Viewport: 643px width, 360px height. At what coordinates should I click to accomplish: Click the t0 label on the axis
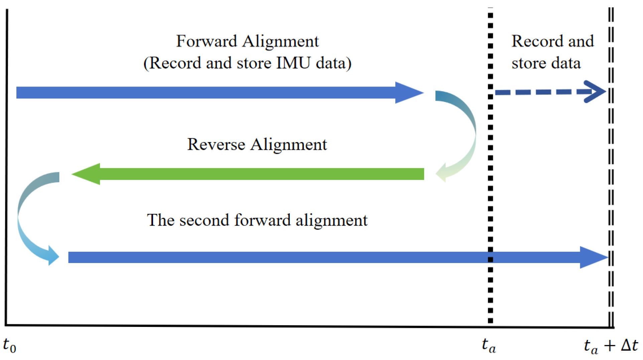pyautogui.click(x=9, y=345)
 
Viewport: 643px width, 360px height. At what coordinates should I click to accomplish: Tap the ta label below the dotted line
pyautogui.click(x=489, y=345)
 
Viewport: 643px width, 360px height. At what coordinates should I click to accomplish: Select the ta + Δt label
pyautogui.click(x=611, y=346)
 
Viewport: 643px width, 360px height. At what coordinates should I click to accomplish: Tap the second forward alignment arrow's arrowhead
pyautogui.click(x=593, y=257)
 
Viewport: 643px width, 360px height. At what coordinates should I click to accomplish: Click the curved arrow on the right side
pyautogui.click(x=463, y=134)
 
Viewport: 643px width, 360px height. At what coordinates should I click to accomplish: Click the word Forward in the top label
pyautogui.click(x=207, y=41)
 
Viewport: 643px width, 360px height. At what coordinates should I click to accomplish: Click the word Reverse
pyautogui.click(x=216, y=145)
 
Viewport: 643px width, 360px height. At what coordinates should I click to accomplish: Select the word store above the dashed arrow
pyautogui.click(x=529, y=63)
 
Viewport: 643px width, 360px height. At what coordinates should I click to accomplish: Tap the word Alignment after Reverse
pyautogui.click(x=289, y=145)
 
